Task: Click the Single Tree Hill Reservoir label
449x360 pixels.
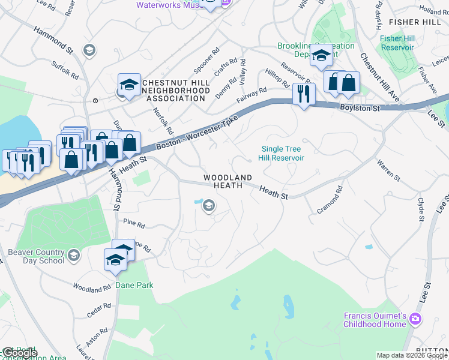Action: click(282, 154)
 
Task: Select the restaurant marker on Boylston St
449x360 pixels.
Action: click(304, 94)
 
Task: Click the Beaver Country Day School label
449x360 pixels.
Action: click(36, 256)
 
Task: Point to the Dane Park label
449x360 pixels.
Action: click(135, 286)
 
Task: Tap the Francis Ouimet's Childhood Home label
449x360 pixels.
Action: click(375, 320)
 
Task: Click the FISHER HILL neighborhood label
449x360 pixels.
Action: click(415, 22)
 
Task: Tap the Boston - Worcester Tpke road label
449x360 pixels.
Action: click(197, 133)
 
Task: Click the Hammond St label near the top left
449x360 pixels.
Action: click(55, 38)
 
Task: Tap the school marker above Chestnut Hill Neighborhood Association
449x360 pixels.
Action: click(129, 85)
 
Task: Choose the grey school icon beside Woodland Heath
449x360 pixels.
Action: click(208, 206)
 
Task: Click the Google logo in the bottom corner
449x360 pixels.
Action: click(20, 353)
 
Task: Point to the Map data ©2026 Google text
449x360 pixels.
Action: click(412, 355)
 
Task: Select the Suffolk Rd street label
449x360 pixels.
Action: click(64, 71)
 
